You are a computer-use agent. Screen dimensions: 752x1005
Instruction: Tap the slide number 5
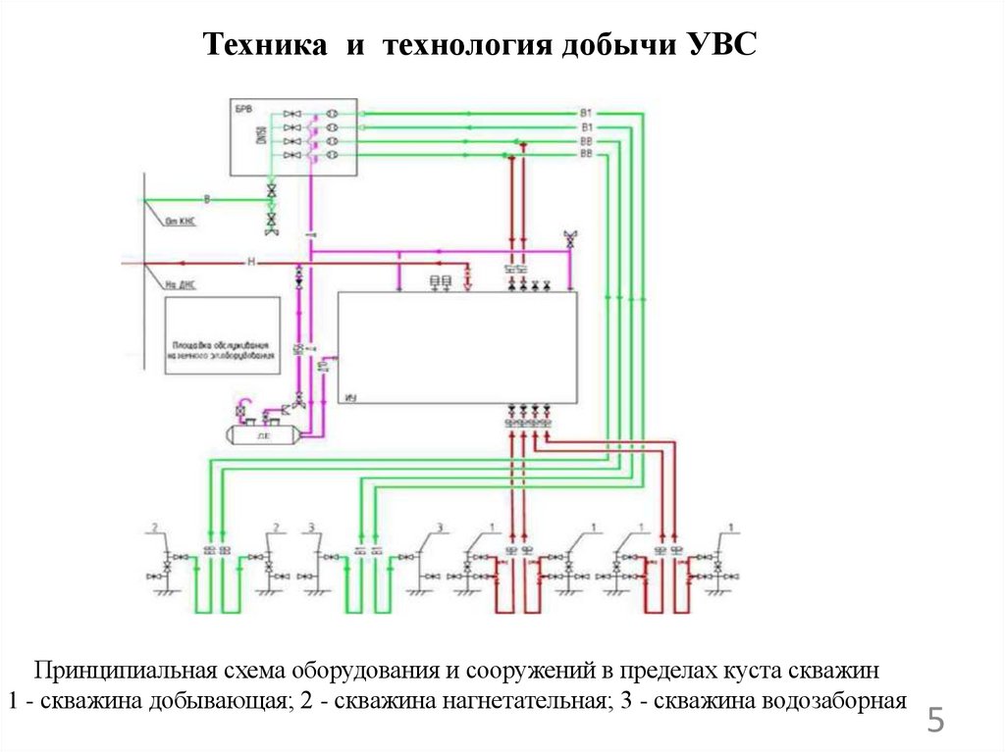[936, 723]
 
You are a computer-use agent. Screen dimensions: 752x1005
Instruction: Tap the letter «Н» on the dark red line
[250, 263]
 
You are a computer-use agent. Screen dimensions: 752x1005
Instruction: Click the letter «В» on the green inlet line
[206, 200]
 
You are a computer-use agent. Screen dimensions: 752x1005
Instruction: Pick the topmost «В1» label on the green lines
[586, 115]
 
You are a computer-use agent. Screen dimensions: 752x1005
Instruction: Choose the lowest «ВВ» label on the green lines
[586, 155]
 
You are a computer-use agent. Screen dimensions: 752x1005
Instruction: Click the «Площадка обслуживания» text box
[223, 351]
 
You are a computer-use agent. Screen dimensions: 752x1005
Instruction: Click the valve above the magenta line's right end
[569, 238]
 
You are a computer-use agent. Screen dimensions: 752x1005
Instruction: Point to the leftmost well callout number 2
[154, 528]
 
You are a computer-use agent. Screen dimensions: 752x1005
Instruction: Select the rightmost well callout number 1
[733, 528]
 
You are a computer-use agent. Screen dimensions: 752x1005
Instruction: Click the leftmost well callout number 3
[311, 528]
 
